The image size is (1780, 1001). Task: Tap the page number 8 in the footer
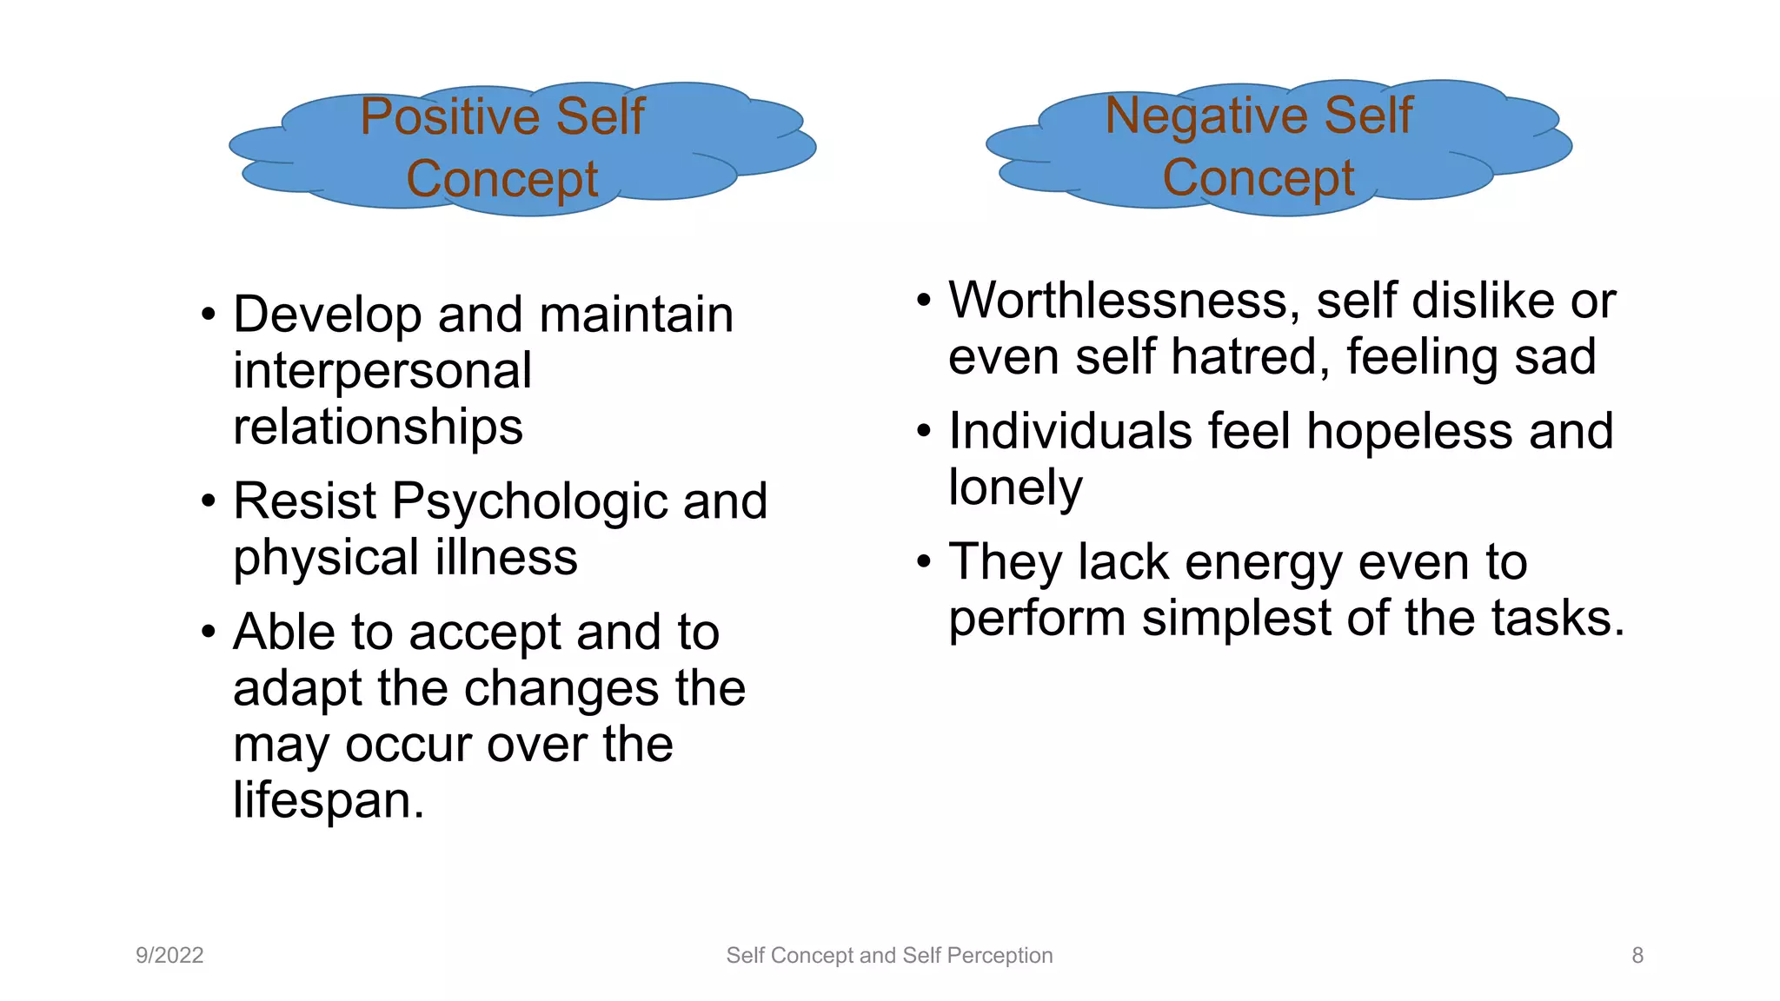(1637, 955)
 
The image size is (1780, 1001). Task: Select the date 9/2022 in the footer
(169, 955)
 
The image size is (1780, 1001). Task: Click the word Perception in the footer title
(1000, 955)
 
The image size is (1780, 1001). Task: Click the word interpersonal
(382, 371)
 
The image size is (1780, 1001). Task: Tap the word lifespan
(328, 800)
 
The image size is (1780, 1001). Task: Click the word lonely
(1015, 488)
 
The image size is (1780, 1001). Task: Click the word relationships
(378, 427)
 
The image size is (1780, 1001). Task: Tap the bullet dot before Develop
(208, 315)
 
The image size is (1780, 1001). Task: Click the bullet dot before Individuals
(924, 431)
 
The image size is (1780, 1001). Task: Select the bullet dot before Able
(208, 632)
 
